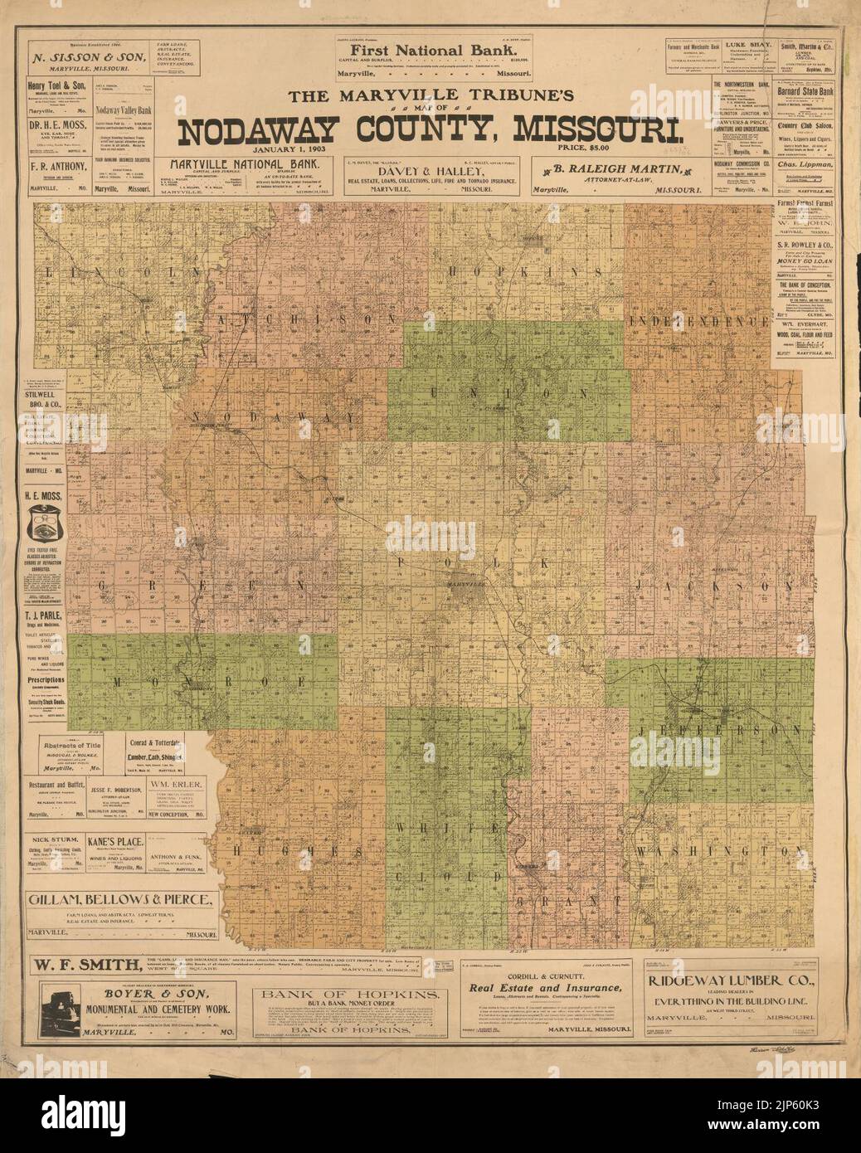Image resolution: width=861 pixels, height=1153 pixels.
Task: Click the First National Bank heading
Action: pyautogui.click(x=429, y=49)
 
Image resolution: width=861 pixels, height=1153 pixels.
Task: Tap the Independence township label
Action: pyautogui.click(x=710, y=320)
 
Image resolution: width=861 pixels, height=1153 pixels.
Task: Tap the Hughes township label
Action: pyautogui.click(x=291, y=851)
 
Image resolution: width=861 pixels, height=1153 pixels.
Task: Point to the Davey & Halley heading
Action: pyautogui.click(x=429, y=169)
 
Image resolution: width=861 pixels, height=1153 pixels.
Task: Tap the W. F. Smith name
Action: pyautogui.click(x=85, y=965)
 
